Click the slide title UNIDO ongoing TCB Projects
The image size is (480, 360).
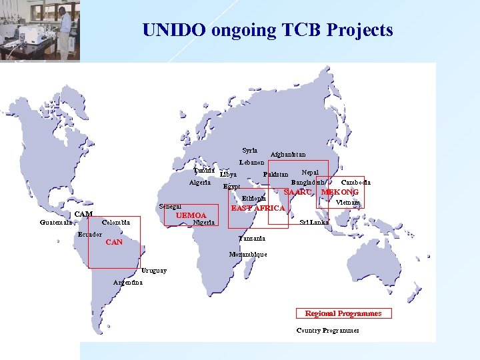coord(267,31)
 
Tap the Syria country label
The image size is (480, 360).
coord(249,151)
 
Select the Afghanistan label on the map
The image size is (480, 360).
coord(287,155)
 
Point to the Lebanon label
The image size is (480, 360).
coord(251,163)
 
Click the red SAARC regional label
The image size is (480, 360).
coord(297,193)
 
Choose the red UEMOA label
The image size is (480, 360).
coord(191,216)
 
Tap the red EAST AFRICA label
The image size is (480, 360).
coord(257,209)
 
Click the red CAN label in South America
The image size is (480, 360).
coord(114,243)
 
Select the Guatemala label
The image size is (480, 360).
coord(56,223)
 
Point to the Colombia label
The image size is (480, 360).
coord(116,222)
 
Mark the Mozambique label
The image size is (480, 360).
coord(247,255)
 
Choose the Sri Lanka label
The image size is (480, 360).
coord(314,223)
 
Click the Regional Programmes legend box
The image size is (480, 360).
coord(343,313)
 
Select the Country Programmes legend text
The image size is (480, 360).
coord(327,331)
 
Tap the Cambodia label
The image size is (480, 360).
coord(356,183)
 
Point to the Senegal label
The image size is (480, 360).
coord(170,207)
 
